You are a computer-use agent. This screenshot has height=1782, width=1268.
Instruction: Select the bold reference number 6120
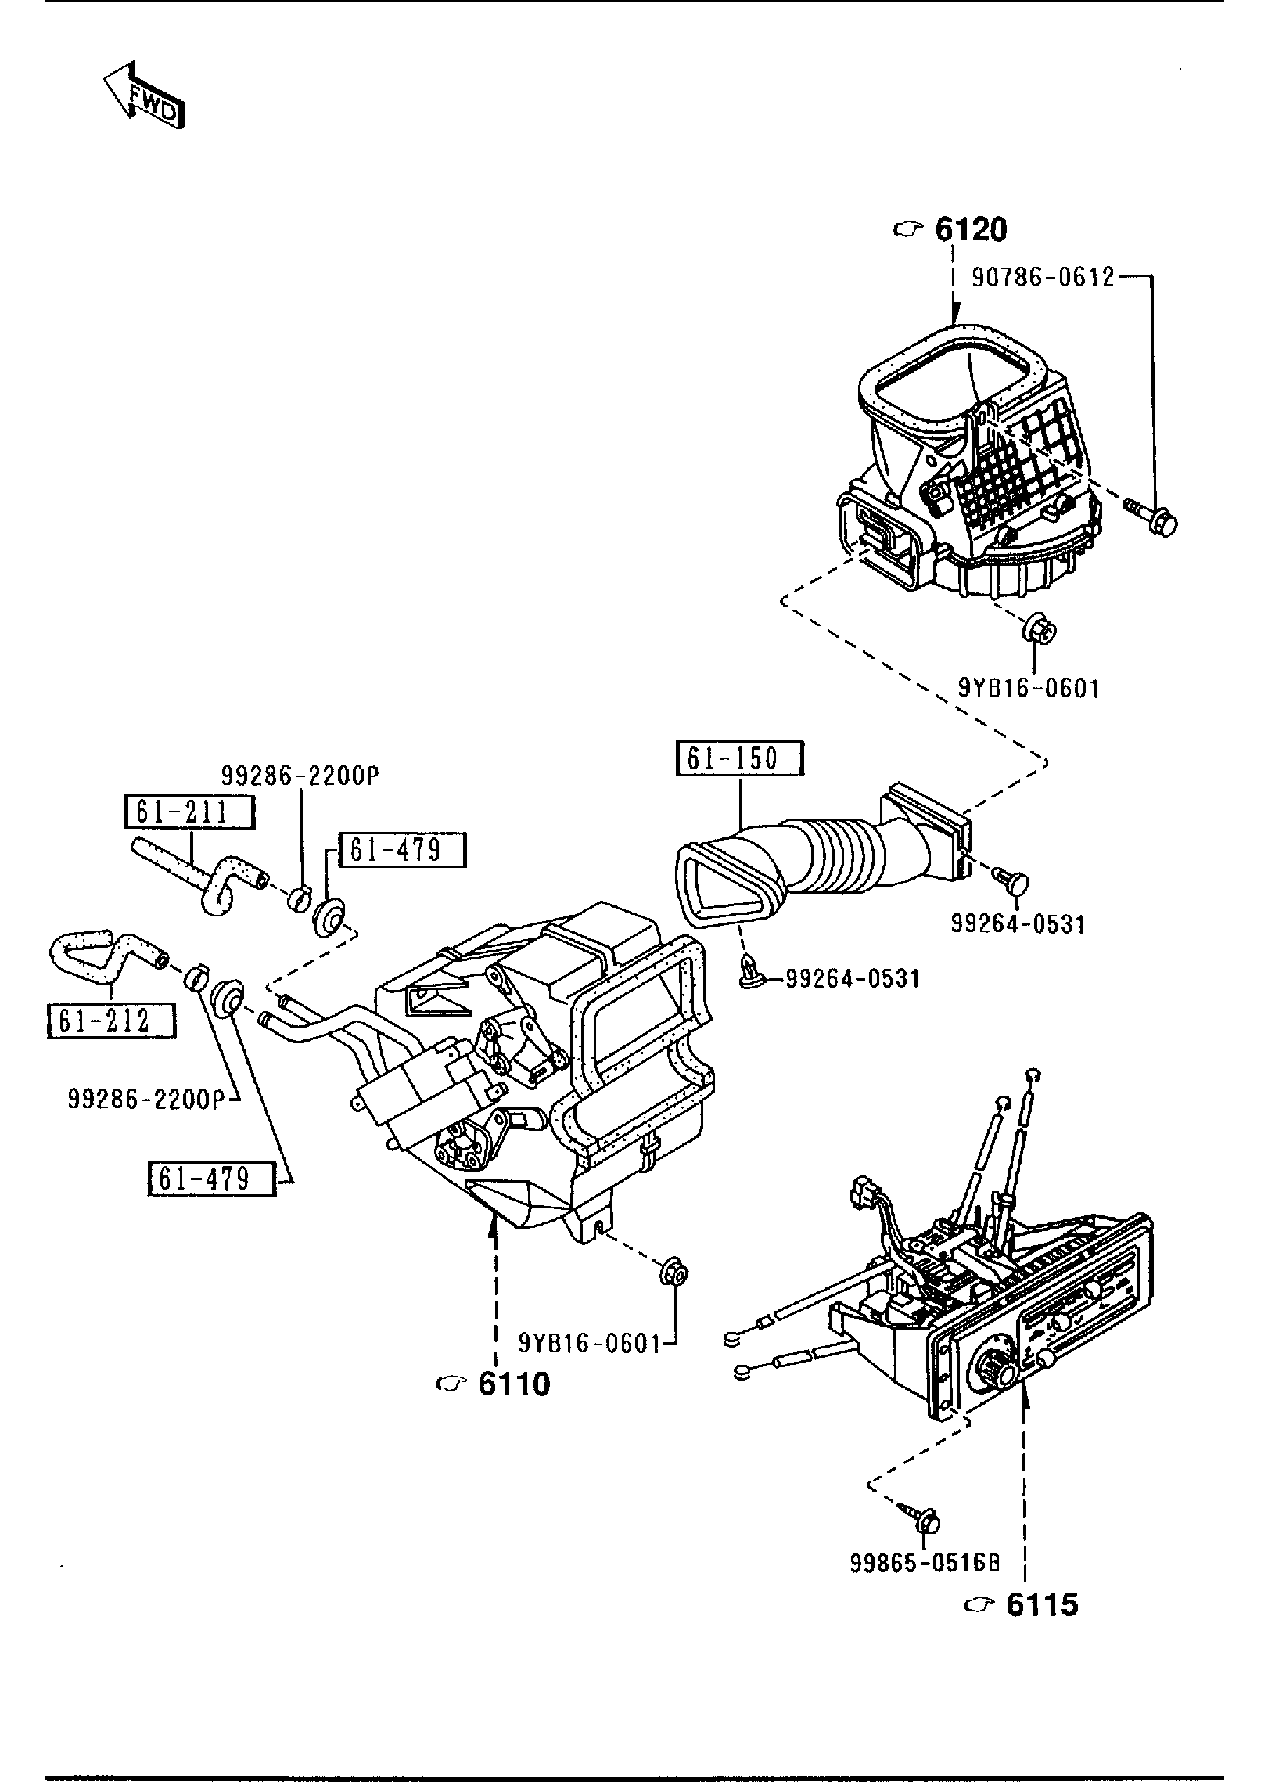tap(970, 229)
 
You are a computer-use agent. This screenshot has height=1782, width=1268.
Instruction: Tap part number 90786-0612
tap(1043, 277)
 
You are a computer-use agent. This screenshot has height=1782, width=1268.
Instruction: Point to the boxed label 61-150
tap(739, 759)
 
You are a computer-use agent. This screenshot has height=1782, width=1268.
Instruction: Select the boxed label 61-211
tap(189, 812)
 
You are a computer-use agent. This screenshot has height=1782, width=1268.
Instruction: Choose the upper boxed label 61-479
tap(402, 850)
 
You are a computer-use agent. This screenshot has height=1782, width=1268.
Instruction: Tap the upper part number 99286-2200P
tap(300, 776)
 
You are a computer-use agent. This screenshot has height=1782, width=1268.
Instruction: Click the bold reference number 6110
tap(513, 1385)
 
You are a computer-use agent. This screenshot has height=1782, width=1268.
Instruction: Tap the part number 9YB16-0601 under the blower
tap(1029, 689)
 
